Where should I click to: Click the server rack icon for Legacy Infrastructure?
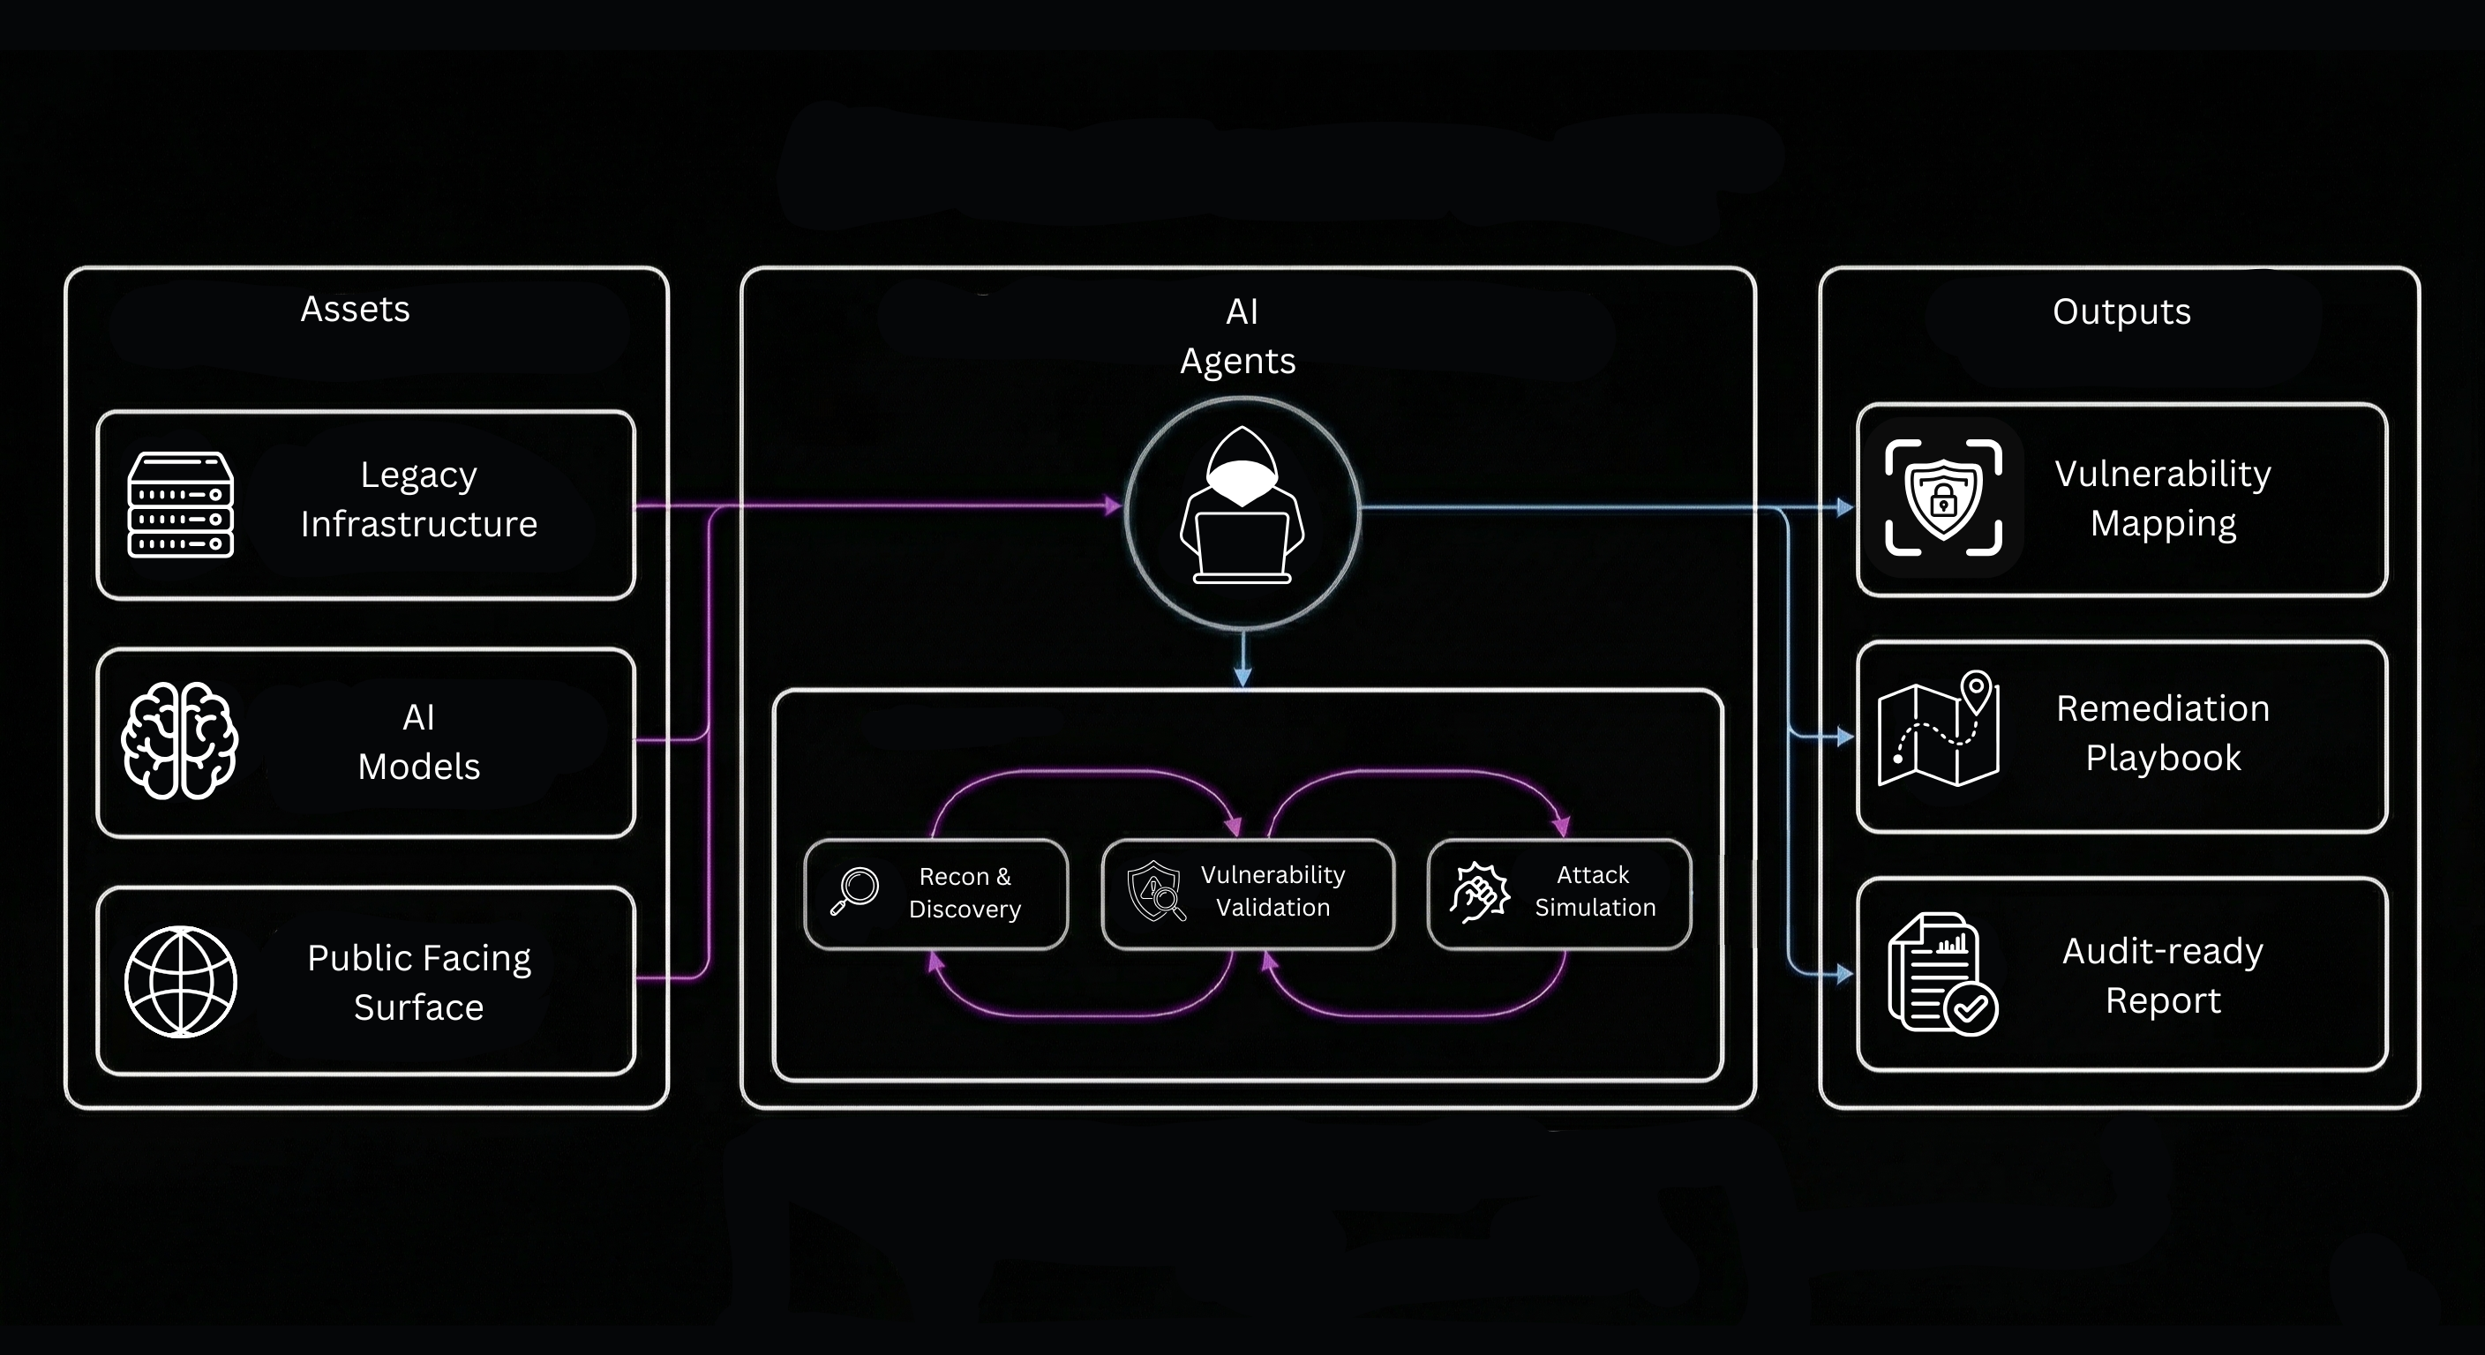click(x=180, y=505)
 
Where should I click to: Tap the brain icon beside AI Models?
click(x=179, y=741)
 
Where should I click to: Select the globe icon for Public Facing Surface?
click(x=180, y=981)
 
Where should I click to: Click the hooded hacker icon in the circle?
click(x=1242, y=508)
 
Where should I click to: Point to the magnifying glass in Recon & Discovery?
click(x=855, y=890)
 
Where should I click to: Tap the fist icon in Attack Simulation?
click(x=1479, y=892)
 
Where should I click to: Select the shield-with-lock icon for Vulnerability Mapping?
click(x=1943, y=498)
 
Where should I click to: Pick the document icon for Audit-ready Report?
click(x=1941, y=974)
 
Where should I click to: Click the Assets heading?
click(x=355, y=310)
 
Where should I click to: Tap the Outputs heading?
click(x=2121, y=311)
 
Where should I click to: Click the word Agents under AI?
click(x=1238, y=362)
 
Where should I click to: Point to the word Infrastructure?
click(x=418, y=525)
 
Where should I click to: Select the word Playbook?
click(x=2163, y=758)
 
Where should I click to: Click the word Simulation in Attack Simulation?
click(x=1595, y=908)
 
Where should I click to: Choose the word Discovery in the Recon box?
click(x=965, y=910)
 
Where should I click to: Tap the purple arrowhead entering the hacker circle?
click(x=1114, y=505)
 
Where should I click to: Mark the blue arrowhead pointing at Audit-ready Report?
click(x=1844, y=974)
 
